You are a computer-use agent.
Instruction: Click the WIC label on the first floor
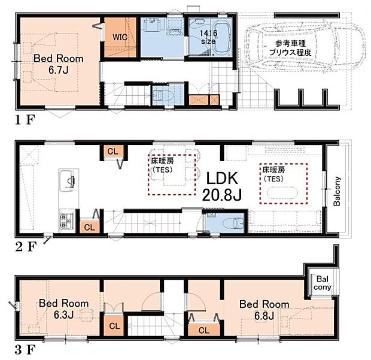tap(118, 37)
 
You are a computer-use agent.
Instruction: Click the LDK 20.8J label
tap(223, 185)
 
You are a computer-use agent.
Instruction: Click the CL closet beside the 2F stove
tap(89, 226)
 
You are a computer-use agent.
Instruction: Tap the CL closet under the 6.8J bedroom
tap(203, 330)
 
